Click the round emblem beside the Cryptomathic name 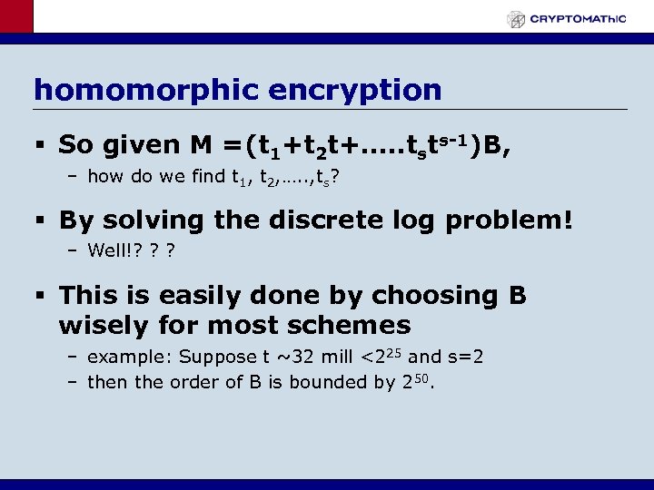point(516,19)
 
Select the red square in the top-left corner point(16,16)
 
